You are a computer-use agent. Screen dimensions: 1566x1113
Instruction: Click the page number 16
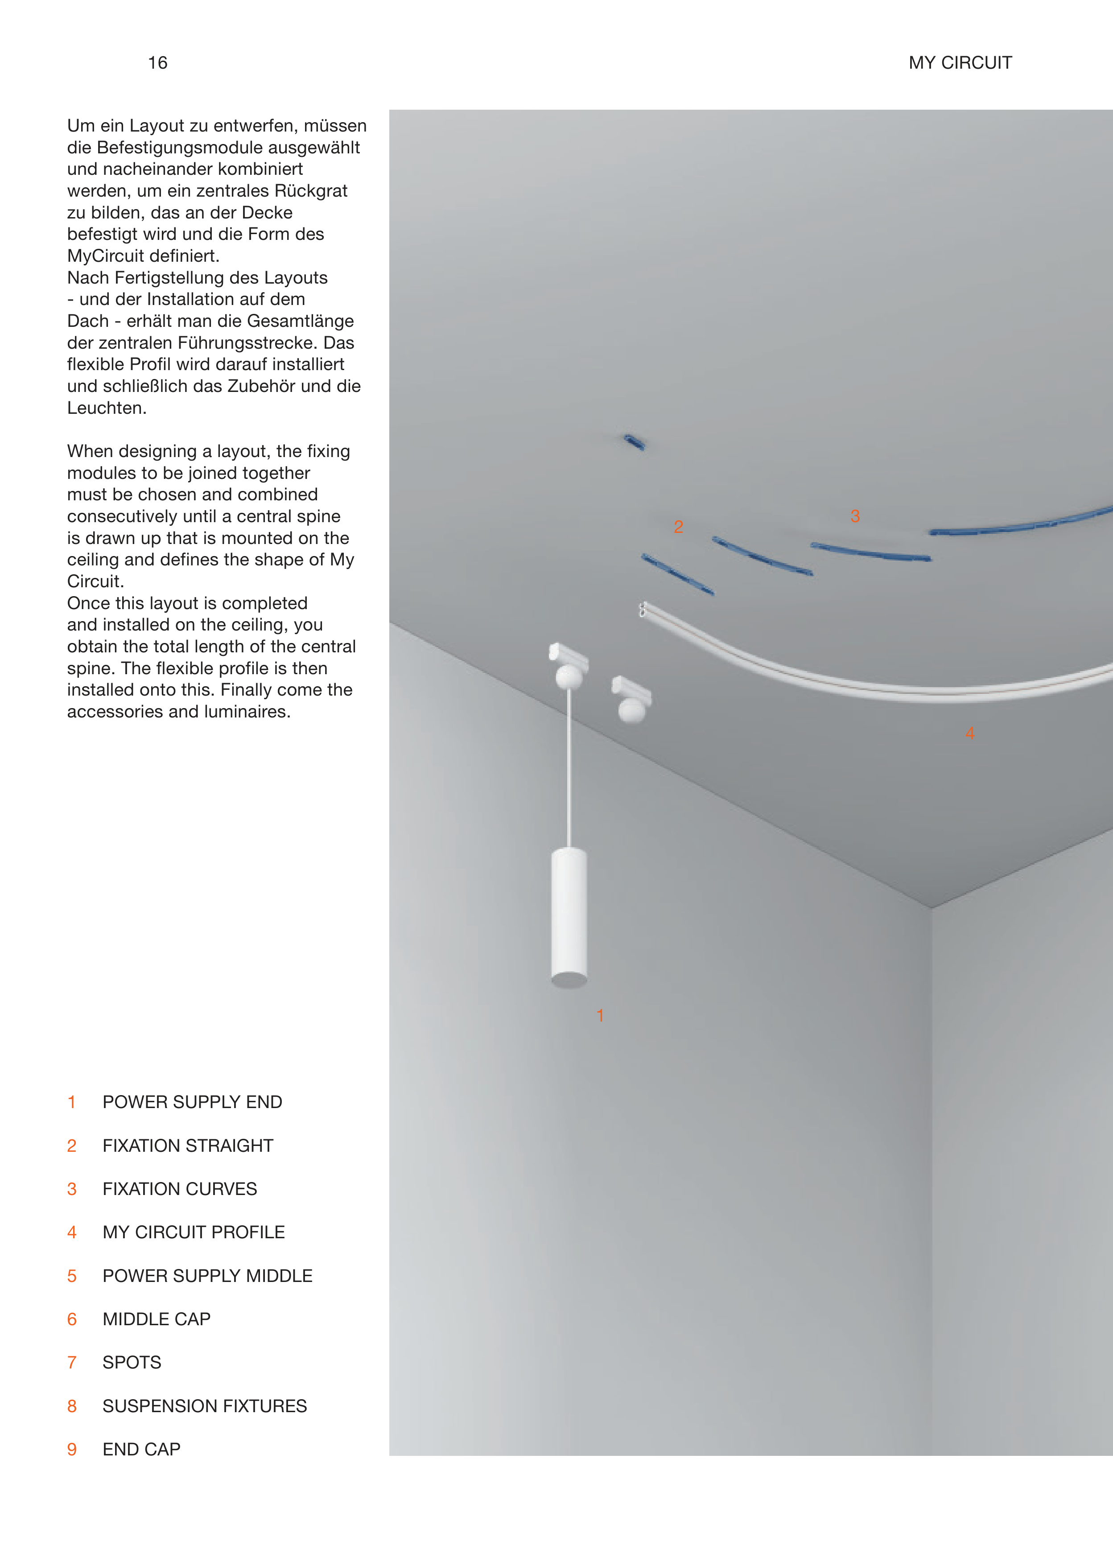[157, 63]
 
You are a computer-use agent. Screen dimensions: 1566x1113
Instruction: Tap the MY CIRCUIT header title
[960, 63]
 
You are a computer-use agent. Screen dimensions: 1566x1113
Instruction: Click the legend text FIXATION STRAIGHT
[188, 1146]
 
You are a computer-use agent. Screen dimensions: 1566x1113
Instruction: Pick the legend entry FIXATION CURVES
[180, 1189]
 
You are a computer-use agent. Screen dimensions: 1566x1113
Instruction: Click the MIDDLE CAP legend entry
[156, 1319]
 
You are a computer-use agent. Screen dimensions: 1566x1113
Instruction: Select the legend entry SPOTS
[132, 1363]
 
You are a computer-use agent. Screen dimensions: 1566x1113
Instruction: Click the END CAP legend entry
[141, 1450]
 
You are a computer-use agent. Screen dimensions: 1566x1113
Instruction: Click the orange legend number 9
[72, 1450]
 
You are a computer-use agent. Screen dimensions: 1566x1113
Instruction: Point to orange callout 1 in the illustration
[600, 1016]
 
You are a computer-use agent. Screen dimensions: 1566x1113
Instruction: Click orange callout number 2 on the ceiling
[679, 527]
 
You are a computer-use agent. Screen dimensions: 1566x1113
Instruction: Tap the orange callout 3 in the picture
[855, 516]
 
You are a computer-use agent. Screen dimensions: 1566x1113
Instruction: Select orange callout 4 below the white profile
[970, 734]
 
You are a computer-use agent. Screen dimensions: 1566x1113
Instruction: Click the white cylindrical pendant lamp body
[569, 915]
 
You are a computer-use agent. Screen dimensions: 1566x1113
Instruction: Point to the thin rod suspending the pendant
[569, 767]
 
